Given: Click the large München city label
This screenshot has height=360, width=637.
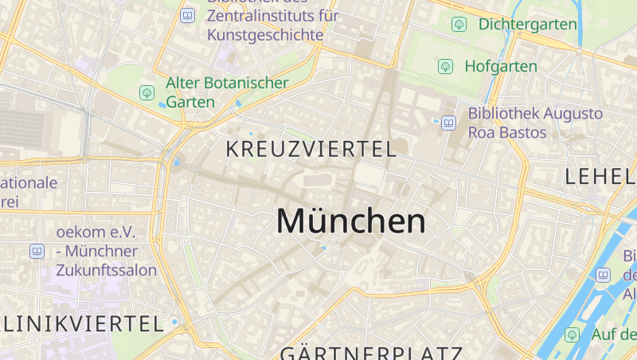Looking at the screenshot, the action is tap(351, 221).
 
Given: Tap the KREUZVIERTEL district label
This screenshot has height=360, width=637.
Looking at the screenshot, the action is tap(311, 149).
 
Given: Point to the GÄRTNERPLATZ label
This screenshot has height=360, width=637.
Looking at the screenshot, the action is tap(371, 353).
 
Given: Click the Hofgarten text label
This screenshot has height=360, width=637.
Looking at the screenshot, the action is tap(501, 66).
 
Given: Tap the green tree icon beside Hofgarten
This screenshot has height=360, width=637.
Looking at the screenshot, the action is tap(446, 66).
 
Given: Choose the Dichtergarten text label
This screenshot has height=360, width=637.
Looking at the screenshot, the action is tap(527, 24).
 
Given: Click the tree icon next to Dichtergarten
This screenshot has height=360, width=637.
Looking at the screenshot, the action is tap(459, 24).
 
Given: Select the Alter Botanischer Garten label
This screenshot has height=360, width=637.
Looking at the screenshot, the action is tap(226, 92).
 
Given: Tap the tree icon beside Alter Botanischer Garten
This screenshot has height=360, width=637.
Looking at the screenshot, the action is tap(147, 92).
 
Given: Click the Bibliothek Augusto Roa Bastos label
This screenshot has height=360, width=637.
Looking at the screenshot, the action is tap(535, 123).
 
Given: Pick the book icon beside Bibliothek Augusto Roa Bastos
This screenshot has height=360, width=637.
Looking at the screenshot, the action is tap(449, 123).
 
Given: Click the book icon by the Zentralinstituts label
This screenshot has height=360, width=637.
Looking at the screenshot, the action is tap(188, 15).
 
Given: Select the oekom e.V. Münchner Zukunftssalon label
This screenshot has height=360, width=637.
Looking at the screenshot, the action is tap(106, 251).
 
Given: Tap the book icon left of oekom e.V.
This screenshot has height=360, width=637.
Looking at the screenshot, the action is tap(37, 251).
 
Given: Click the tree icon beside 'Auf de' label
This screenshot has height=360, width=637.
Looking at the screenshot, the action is tap(572, 335).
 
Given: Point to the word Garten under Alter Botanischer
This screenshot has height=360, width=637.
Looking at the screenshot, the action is tap(190, 102).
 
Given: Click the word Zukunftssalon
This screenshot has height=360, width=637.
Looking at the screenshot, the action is tap(106, 270).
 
